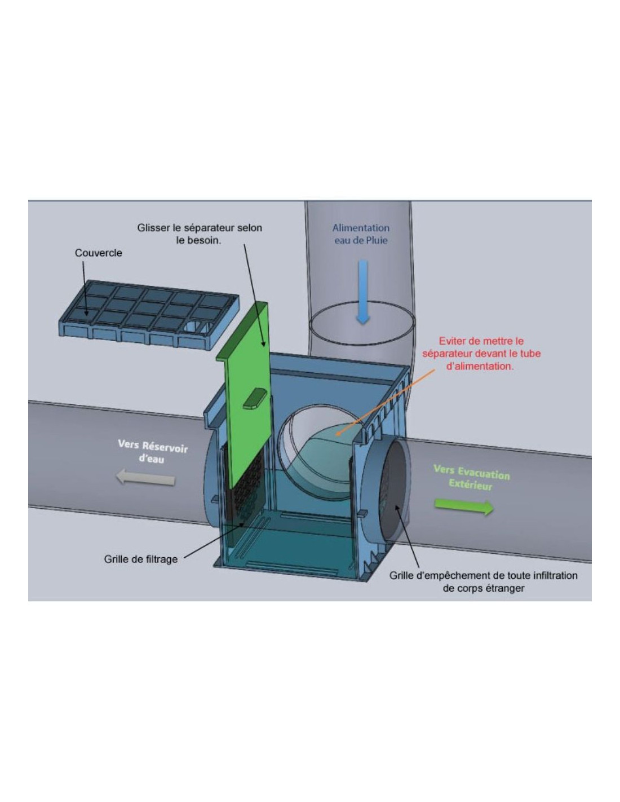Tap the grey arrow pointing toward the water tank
pos(145,478)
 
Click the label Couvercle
pos(99,253)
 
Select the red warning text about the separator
pos(481,354)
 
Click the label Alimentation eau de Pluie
pos(361,234)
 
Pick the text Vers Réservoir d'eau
pos(153,451)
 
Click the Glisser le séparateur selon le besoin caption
pos(200,234)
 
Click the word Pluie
pos(377,240)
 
